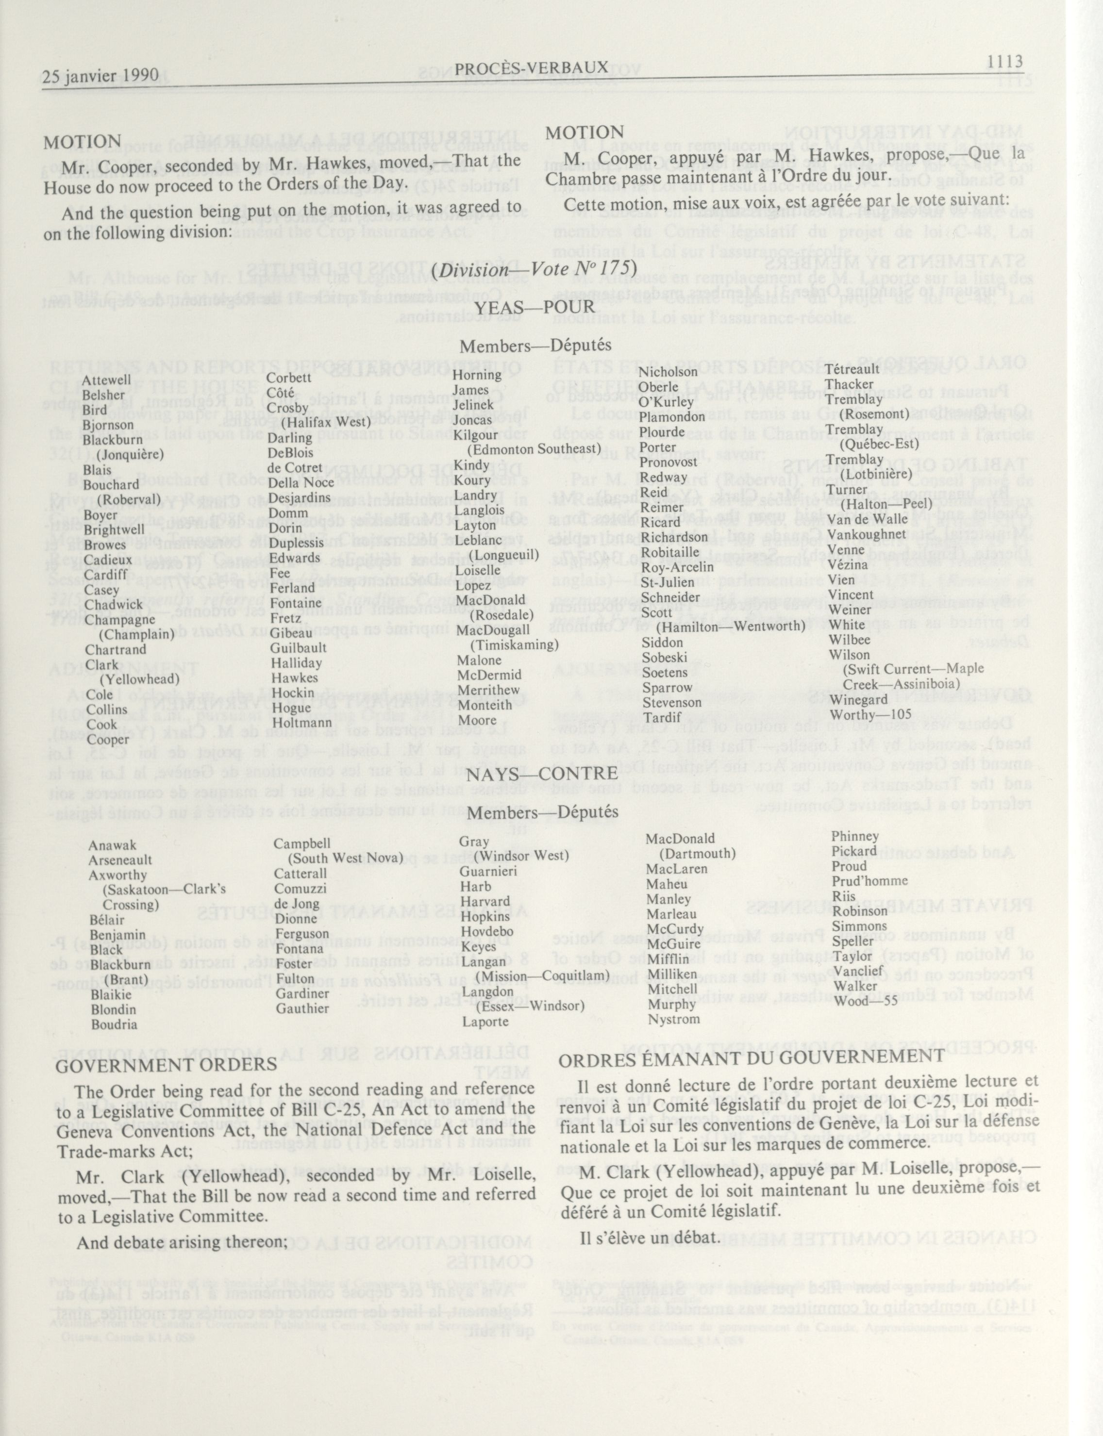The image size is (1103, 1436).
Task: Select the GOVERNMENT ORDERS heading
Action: [166, 1064]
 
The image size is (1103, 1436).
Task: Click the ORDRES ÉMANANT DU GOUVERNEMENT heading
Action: [751, 1056]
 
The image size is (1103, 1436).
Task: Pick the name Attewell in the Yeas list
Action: [106, 380]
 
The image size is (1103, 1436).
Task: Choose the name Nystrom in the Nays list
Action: [674, 1019]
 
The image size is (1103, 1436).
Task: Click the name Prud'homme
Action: [869, 881]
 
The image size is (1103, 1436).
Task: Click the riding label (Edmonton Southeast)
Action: [534, 449]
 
